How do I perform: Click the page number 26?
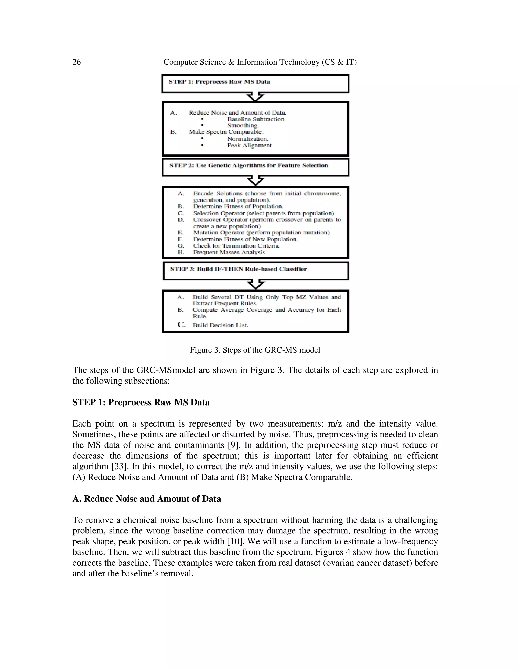pos(76,62)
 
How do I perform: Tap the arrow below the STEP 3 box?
pos(255,284)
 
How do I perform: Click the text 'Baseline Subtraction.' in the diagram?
pos(256,119)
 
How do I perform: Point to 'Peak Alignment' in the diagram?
pos(249,145)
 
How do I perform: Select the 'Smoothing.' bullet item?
pos(243,125)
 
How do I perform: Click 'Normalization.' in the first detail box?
pos(248,139)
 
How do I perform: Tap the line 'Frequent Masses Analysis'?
pos(229,252)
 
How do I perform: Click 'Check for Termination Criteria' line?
pos(236,246)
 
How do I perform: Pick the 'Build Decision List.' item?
pos(220,325)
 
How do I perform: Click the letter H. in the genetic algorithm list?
pos(181,252)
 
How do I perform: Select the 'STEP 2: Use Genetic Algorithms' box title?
pos(249,166)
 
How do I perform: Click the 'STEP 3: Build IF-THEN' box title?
pos(239,269)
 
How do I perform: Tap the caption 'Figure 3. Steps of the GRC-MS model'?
pos(255,350)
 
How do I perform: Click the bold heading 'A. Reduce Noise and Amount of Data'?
pos(146,499)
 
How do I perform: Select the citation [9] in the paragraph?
pos(233,445)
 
